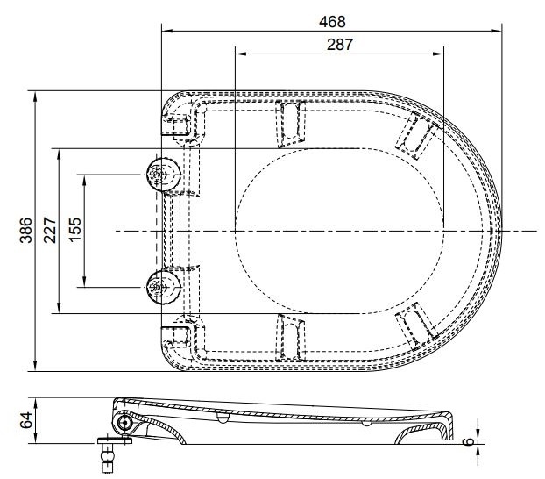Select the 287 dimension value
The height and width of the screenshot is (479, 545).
tap(339, 46)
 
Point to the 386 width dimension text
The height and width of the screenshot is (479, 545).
tap(26, 230)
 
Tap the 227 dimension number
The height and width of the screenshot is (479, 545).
tap(52, 230)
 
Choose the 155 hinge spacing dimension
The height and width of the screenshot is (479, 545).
tap(76, 230)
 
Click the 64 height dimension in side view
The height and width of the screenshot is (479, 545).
tap(26, 420)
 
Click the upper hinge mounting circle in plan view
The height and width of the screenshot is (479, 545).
tap(160, 175)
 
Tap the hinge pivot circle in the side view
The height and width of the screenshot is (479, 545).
tap(124, 423)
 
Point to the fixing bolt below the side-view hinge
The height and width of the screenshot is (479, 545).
tap(108, 453)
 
